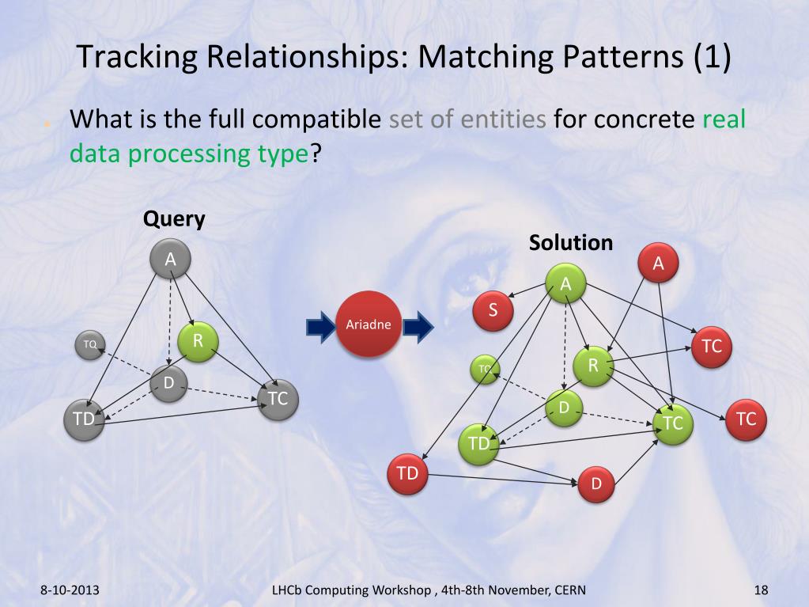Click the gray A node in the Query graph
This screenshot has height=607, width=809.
click(170, 260)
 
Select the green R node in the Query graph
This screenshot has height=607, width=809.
click(198, 342)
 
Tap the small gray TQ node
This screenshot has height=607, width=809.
click(90, 344)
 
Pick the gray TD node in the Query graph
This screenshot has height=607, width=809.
click(84, 419)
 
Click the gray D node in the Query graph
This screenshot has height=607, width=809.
click(168, 384)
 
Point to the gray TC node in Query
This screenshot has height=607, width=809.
click(278, 399)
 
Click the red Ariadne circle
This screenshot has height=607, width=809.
click(364, 324)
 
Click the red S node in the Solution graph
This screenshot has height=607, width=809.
click(493, 310)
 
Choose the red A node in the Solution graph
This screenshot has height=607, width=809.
click(658, 264)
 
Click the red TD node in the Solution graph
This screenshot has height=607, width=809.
click(407, 474)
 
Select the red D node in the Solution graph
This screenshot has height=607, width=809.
click(597, 483)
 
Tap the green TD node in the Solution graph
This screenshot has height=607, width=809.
click(478, 443)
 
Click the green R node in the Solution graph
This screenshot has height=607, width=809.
click(593, 366)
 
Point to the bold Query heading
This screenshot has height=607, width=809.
click(174, 219)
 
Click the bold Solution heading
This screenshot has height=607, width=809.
click(571, 242)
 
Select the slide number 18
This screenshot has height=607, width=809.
click(762, 590)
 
